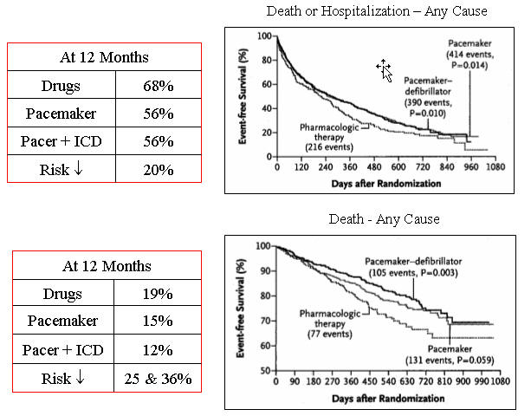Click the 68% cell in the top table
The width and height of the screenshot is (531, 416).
point(157,88)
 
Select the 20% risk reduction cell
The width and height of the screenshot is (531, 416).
point(157,170)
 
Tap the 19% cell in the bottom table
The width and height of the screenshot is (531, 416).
point(159,295)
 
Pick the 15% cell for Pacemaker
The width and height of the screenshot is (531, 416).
point(159,322)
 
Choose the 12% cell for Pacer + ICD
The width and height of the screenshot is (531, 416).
point(159,350)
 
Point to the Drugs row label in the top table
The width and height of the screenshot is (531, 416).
point(62,88)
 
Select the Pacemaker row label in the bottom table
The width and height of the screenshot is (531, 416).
point(63,322)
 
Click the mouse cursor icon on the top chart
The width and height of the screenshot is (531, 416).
point(384,70)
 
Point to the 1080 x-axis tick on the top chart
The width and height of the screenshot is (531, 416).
point(502,172)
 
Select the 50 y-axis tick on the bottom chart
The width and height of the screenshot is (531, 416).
point(262,371)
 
